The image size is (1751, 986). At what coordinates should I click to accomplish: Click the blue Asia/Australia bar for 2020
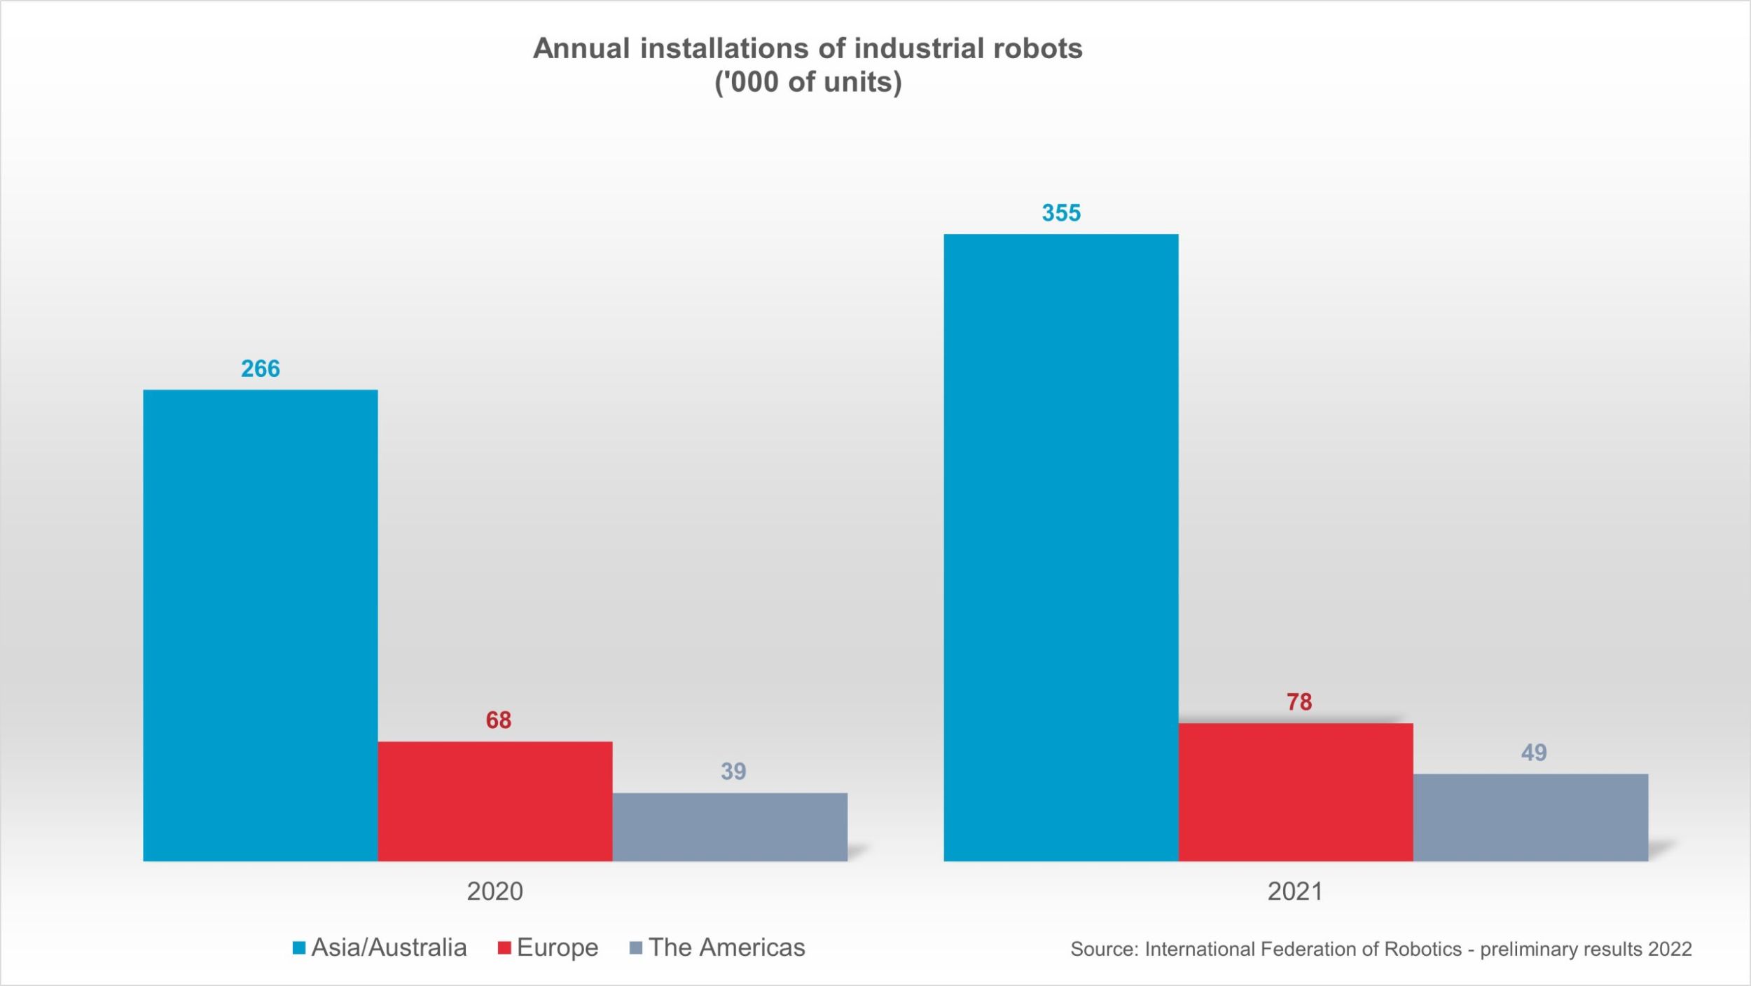(260, 625)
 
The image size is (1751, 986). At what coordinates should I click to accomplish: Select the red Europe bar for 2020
(494, 801)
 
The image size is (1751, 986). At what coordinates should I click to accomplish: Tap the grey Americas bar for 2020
(730, 827)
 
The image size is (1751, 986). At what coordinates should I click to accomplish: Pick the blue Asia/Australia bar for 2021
(1060, 547)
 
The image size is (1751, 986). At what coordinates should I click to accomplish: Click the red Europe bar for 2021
(1296, 792)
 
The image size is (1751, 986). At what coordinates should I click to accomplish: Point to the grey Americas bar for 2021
(1530, 817)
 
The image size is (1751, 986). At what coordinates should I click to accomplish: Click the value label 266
(260, 369)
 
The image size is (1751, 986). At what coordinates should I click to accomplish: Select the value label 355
(1060, 213)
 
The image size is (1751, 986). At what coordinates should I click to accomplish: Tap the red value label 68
(498, 720)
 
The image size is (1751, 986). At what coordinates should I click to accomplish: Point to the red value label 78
(1299, 701)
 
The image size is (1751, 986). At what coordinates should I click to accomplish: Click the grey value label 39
(733, 772)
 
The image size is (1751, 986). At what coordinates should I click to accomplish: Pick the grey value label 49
(1533, 753)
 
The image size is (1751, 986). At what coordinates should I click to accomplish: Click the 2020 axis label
(494, 891)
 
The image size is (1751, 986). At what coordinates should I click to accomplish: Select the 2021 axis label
(1295, 891)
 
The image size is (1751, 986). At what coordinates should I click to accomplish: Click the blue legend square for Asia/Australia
(299, 948)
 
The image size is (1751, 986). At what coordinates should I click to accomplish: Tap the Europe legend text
(558, 947)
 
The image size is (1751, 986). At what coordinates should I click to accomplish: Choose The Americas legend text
(726, 947)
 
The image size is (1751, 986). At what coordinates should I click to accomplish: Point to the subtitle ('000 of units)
(808, 83)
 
